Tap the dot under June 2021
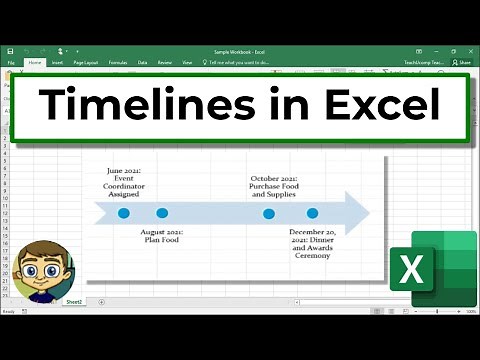(x=124, y=213)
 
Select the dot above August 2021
(x=162, y=213)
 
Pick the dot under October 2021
(x=269, y=213)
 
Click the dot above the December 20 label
(x=312, y=213)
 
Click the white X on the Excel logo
(x=410, y=270)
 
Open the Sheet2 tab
(x=74, y=301)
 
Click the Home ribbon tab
(x=35, y=62)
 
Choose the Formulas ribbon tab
(x=118, y=62)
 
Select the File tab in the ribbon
(x=11, y=62)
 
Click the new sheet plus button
(x=100, y=301)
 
